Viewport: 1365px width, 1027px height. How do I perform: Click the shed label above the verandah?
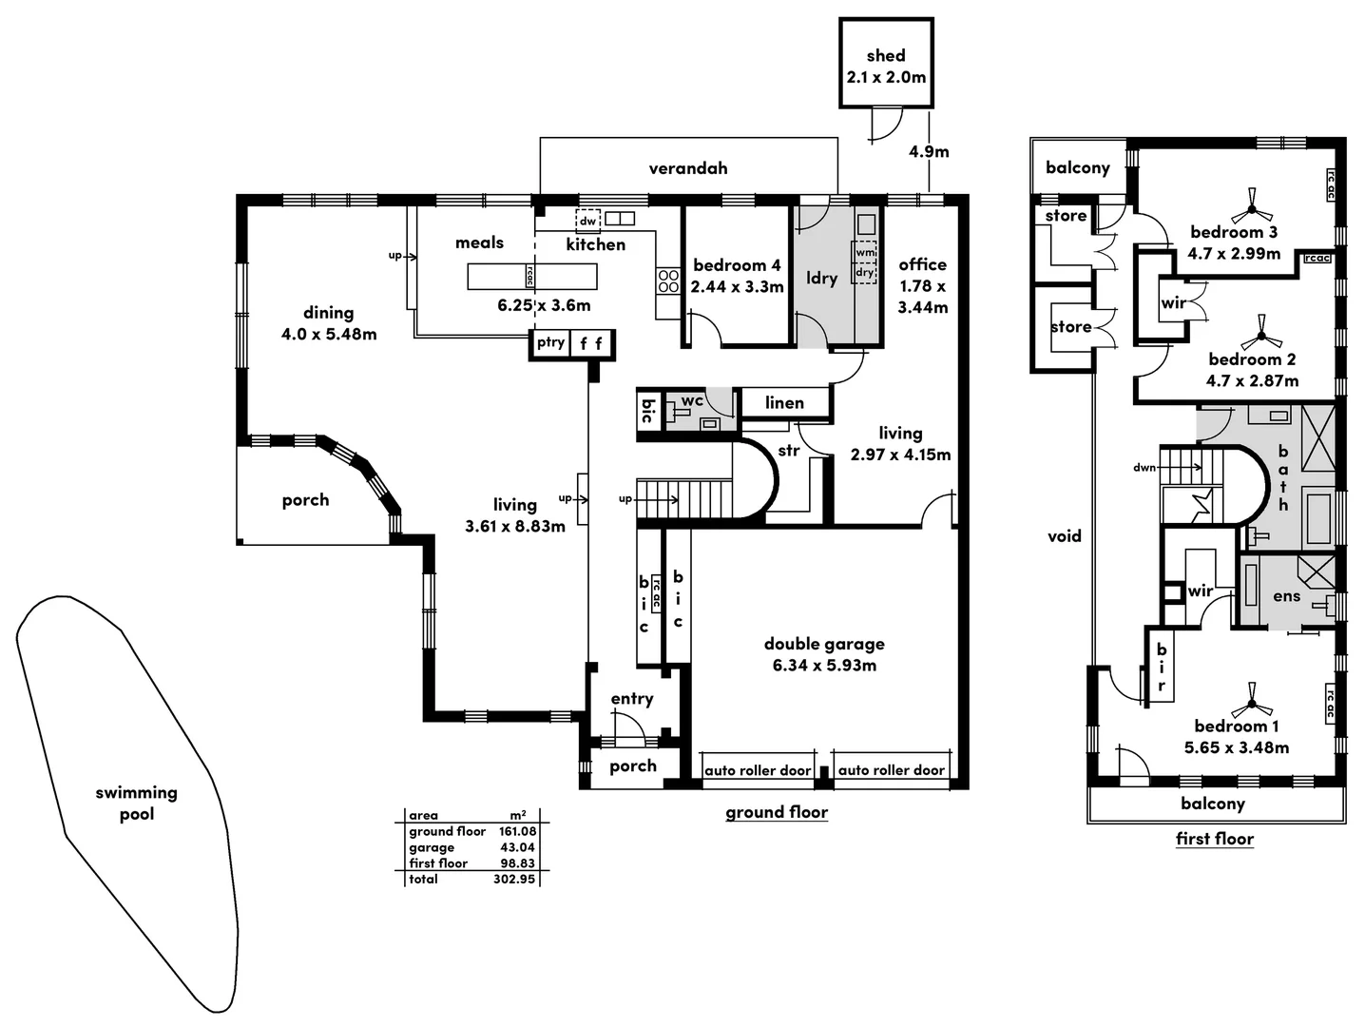tap(886, 56)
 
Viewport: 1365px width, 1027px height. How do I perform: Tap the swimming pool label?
tap(136, 803)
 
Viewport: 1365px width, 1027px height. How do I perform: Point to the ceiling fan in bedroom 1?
tap(1252, 706)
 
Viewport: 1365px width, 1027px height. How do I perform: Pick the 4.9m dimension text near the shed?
tap(929, 151)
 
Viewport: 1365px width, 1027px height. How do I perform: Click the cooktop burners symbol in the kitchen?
tap(668, 281)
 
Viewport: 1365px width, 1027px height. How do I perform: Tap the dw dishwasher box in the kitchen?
tap(588, 221)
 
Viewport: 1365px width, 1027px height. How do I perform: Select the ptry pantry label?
tap(550, 342)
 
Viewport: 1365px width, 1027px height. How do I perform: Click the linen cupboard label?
tap(784, 403)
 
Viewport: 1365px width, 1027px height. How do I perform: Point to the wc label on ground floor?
tap(692, 401)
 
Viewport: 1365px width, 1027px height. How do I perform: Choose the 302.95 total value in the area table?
tap(514, 880)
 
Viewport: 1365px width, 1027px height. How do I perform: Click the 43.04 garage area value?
tap(517, 847)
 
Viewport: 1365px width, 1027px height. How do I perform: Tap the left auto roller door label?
tap(758, 770)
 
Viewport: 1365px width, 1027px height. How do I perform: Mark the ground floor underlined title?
tap(777, 812)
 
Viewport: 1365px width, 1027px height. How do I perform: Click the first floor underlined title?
tap(1214, 839)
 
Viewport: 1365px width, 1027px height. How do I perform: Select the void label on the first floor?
tap(1065, 536)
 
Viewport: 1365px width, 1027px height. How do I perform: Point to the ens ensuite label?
tap(1286, 596)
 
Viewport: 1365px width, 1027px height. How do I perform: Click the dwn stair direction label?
tap(1144, 468)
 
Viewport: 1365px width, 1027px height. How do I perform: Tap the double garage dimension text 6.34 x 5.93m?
tap(824, 666)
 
